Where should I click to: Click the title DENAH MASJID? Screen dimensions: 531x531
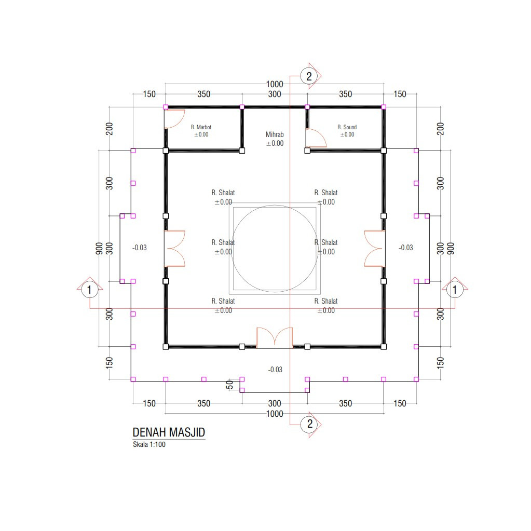pos(169,432)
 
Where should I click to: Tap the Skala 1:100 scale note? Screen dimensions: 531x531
pos(149,444)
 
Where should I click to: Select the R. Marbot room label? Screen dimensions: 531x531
pos(201,127)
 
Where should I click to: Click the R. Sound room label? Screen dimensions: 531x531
pos(347,127)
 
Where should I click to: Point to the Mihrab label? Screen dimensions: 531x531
pos(275,134)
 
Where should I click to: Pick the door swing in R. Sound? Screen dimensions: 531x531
pos(316,138)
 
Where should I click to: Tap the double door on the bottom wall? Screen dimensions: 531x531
pos(275,337)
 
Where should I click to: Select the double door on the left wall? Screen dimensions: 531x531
pos(175,249)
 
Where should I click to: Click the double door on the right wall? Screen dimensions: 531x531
pos(375,249)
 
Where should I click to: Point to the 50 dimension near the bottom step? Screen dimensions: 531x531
pos(229,385)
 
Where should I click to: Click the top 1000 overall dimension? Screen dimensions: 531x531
pos(275,84)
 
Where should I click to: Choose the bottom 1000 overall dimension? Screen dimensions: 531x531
pos(275,414)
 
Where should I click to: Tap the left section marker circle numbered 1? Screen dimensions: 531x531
pos(89,290)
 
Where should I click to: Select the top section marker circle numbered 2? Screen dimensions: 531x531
pos(309,76)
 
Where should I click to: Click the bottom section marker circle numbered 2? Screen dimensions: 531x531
pos(309,424)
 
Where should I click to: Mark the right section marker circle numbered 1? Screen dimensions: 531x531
pos(455,290)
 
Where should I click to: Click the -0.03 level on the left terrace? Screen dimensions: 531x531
pos(139,248)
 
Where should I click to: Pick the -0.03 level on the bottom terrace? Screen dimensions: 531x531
pos(275,370)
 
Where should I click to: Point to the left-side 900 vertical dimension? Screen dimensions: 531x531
pos(99,249)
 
